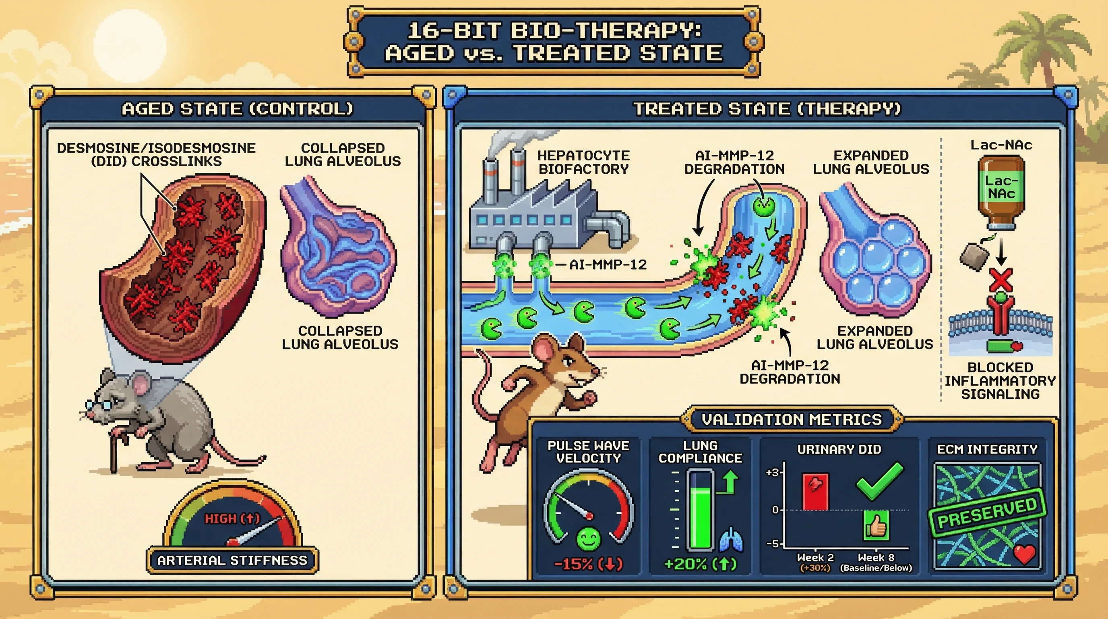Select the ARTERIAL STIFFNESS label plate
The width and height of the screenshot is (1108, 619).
232,560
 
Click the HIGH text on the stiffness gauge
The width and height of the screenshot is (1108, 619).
220,519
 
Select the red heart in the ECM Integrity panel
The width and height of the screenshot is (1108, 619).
1025,555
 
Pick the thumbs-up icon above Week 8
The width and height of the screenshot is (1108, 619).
876,525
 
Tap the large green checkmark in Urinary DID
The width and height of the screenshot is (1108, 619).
880,481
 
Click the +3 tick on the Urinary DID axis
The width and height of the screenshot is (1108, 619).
773,473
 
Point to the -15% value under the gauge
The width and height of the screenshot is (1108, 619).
588,564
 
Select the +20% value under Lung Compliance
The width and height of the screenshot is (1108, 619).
700,564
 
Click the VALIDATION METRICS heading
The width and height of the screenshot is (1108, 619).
792,419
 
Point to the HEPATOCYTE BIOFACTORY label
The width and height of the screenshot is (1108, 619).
584,162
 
